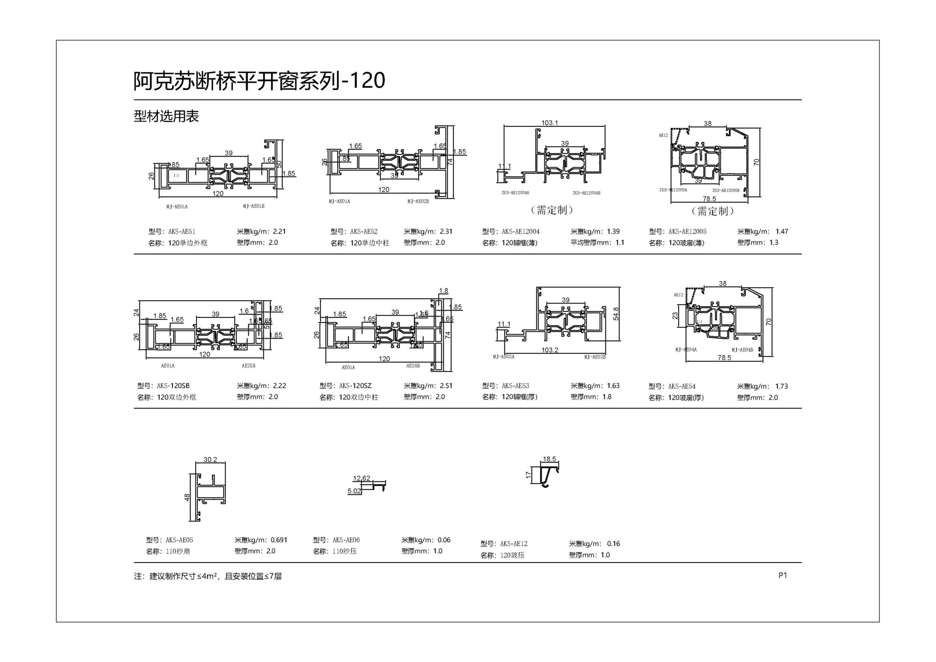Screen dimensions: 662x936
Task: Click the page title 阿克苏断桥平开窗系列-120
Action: pos(259,80)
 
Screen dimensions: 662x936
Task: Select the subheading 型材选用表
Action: pos(166,117)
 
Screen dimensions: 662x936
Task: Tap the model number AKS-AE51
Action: pos(182,232)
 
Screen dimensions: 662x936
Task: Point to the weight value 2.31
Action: pos(446,232)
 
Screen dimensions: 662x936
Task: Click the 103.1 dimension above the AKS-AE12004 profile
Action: pos(549,123)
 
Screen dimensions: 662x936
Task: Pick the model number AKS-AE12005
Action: pos(687,232)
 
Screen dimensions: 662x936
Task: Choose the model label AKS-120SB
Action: pos(173,386)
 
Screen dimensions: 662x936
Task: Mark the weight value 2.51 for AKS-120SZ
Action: pos(446,386)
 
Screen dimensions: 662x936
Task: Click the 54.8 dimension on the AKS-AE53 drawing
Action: pos(616,313)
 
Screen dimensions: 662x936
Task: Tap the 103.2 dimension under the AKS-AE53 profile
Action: pos(550,350)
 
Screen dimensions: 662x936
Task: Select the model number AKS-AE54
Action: pos(682,386)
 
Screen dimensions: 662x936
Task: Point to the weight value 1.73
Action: pos(781,386)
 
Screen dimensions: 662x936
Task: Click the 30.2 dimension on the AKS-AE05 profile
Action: pos(210,460)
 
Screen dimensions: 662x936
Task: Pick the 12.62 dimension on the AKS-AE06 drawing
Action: pos(362,478)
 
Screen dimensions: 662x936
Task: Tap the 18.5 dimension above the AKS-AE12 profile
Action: pos(549,459)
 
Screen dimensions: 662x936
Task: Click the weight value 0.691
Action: pos(279,540)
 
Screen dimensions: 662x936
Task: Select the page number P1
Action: pos(783,576)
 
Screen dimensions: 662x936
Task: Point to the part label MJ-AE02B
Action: pos(418,201)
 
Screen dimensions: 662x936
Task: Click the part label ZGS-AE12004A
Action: pos(515,193)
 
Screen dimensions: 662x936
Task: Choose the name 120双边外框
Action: pos(176,397)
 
